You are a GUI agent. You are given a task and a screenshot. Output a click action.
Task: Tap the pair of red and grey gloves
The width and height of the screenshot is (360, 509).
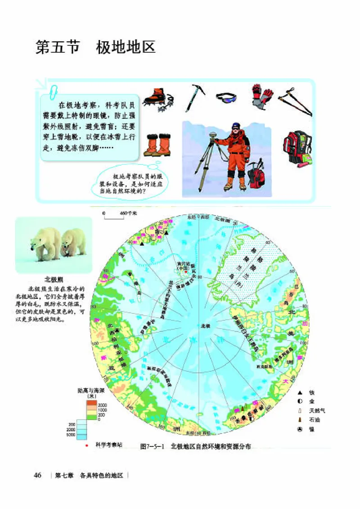click(x=262, y=96)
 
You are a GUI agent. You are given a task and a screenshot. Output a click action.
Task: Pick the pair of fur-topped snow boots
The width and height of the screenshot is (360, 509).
click(x=157, y=144)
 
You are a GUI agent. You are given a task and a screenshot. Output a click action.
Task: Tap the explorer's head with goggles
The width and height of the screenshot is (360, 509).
click(x=235, y=127)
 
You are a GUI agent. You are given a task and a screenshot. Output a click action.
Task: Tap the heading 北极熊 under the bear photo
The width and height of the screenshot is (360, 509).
click(x=53, y=279)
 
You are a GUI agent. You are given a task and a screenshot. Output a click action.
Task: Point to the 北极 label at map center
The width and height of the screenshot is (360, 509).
click(x=205, y=325)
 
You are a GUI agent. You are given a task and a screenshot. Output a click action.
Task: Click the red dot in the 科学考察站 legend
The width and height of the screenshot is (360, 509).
click(x=86, y=446)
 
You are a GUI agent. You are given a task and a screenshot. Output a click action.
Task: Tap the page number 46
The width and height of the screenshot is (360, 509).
click(x=38, y=475)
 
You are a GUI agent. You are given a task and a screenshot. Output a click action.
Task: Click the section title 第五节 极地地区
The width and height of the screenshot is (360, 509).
click(x=95, y=47)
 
